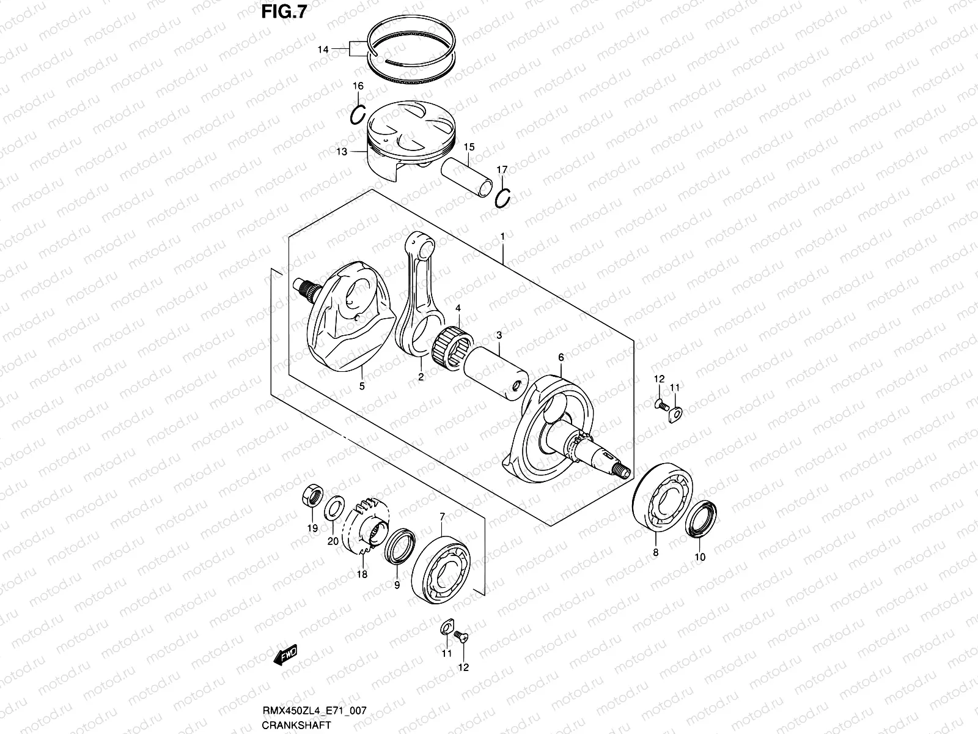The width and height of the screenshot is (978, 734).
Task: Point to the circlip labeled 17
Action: (x=504, y=199)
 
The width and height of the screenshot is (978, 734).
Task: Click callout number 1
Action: (x=502, y=235)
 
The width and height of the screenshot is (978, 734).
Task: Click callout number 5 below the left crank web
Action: (x=361, y=387)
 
